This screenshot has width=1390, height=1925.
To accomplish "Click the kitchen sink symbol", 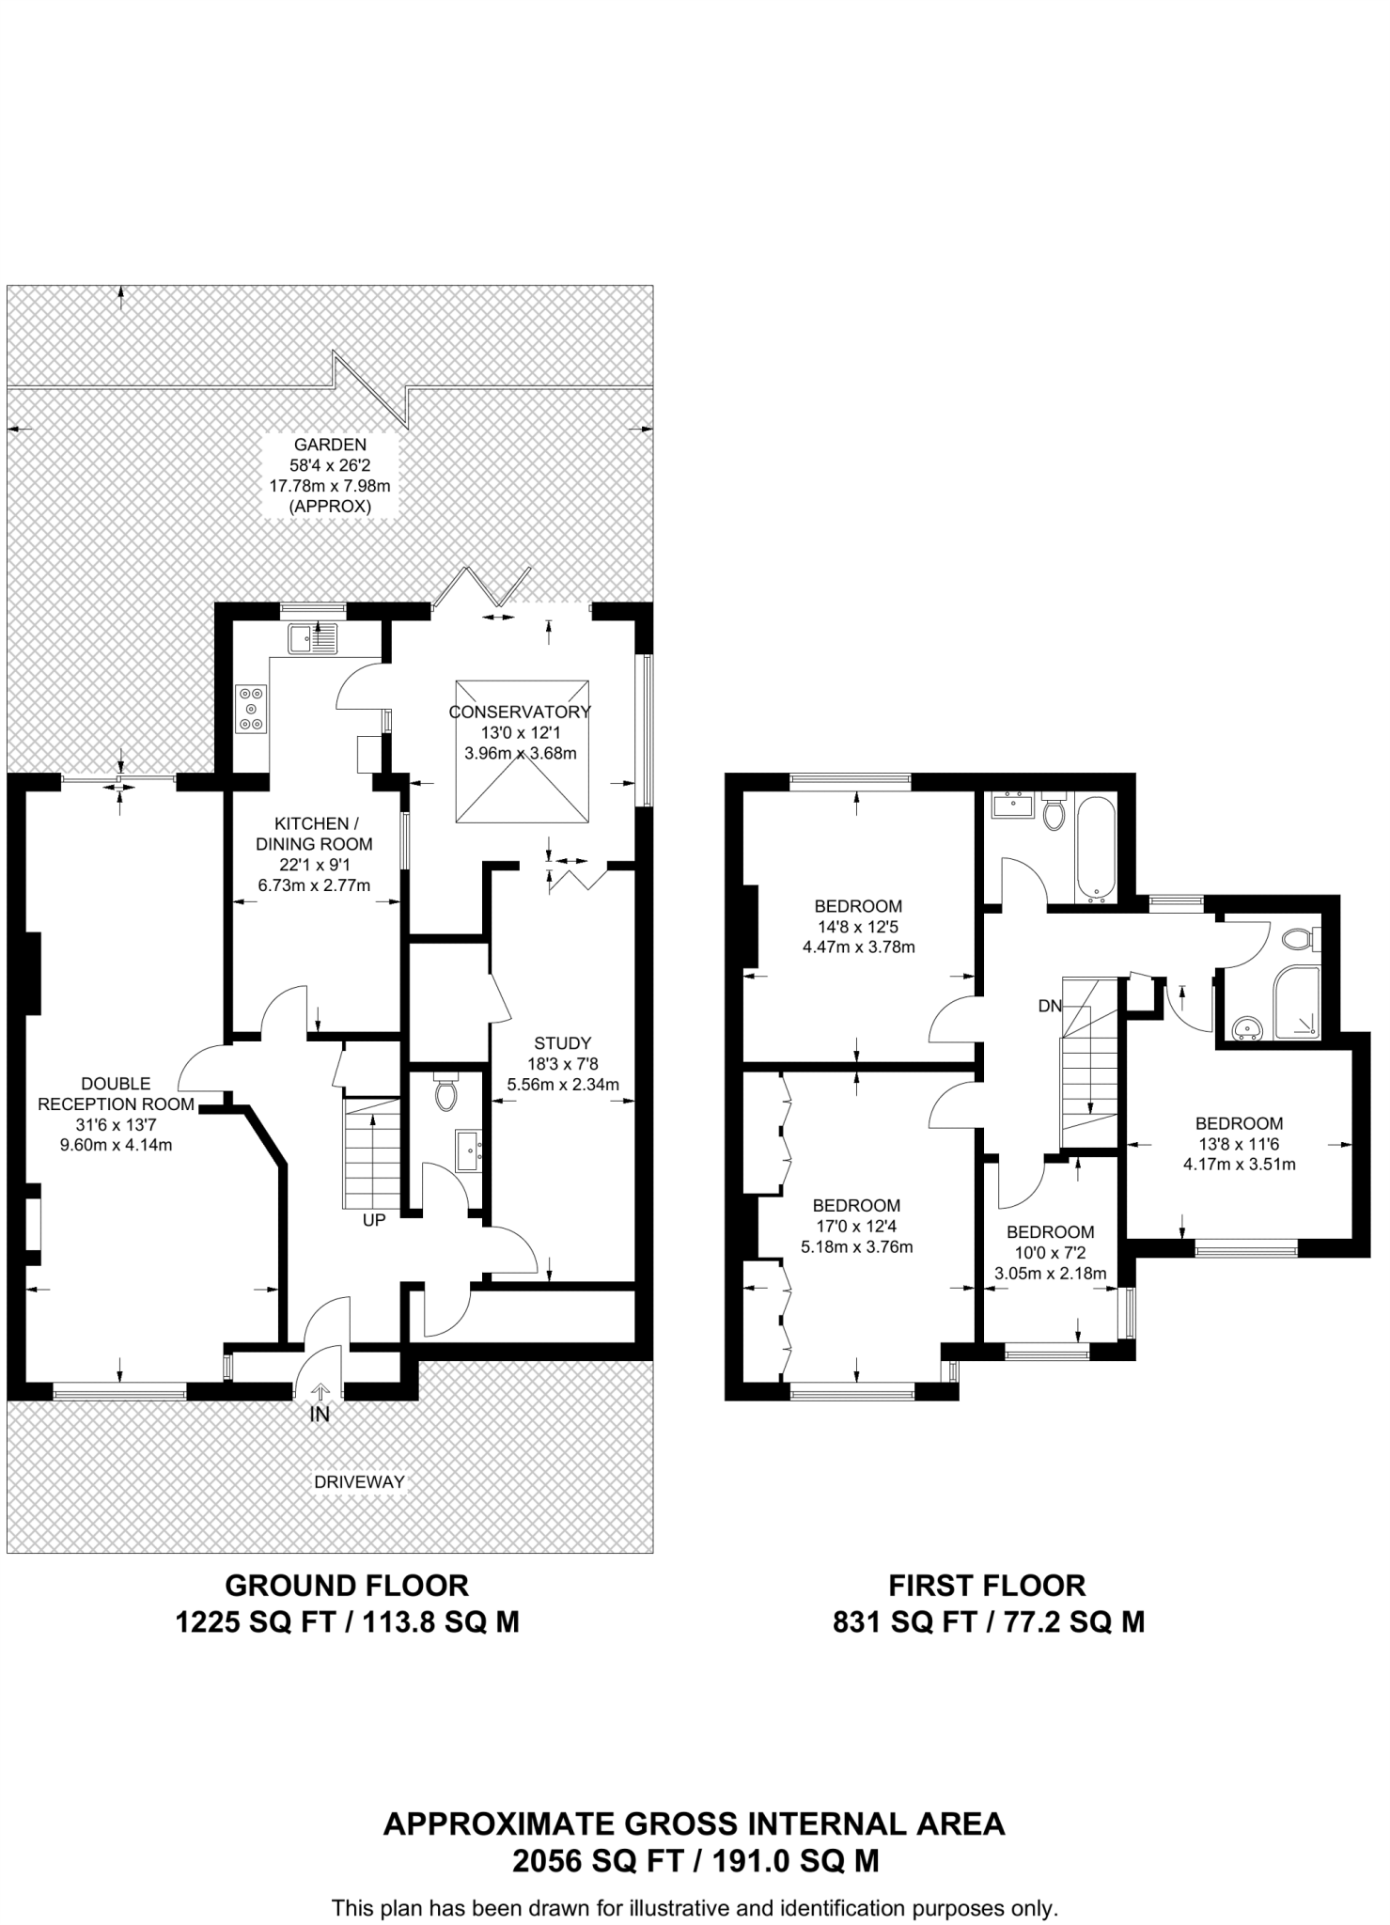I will point(314,639).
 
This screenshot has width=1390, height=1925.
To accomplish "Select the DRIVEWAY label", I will point(360,1482).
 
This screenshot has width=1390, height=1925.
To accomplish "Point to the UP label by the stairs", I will point(374,1221).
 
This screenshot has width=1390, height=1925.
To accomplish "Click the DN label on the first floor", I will point(1050,1006).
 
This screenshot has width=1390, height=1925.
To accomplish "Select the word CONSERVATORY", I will point(520,712).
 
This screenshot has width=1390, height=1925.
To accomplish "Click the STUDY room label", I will point(562,1042).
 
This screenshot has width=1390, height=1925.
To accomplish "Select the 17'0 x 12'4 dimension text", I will point(856,1226).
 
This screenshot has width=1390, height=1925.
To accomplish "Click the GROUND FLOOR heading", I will point(347,1586).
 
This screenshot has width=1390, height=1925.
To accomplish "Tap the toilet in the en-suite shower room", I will point(1300,938).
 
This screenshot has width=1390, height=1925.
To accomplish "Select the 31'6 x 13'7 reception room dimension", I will point(116,1124).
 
